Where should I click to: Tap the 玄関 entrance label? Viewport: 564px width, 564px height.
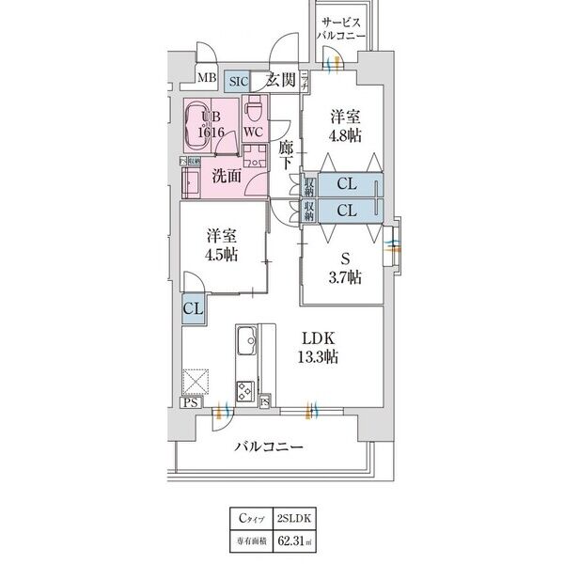point(283,80)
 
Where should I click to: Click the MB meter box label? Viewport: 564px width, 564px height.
point(207,80)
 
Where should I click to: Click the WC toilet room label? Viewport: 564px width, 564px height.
point(254,132)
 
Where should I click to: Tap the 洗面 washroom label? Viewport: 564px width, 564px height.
point(225,174)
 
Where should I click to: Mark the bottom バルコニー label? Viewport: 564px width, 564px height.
point(269,447)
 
